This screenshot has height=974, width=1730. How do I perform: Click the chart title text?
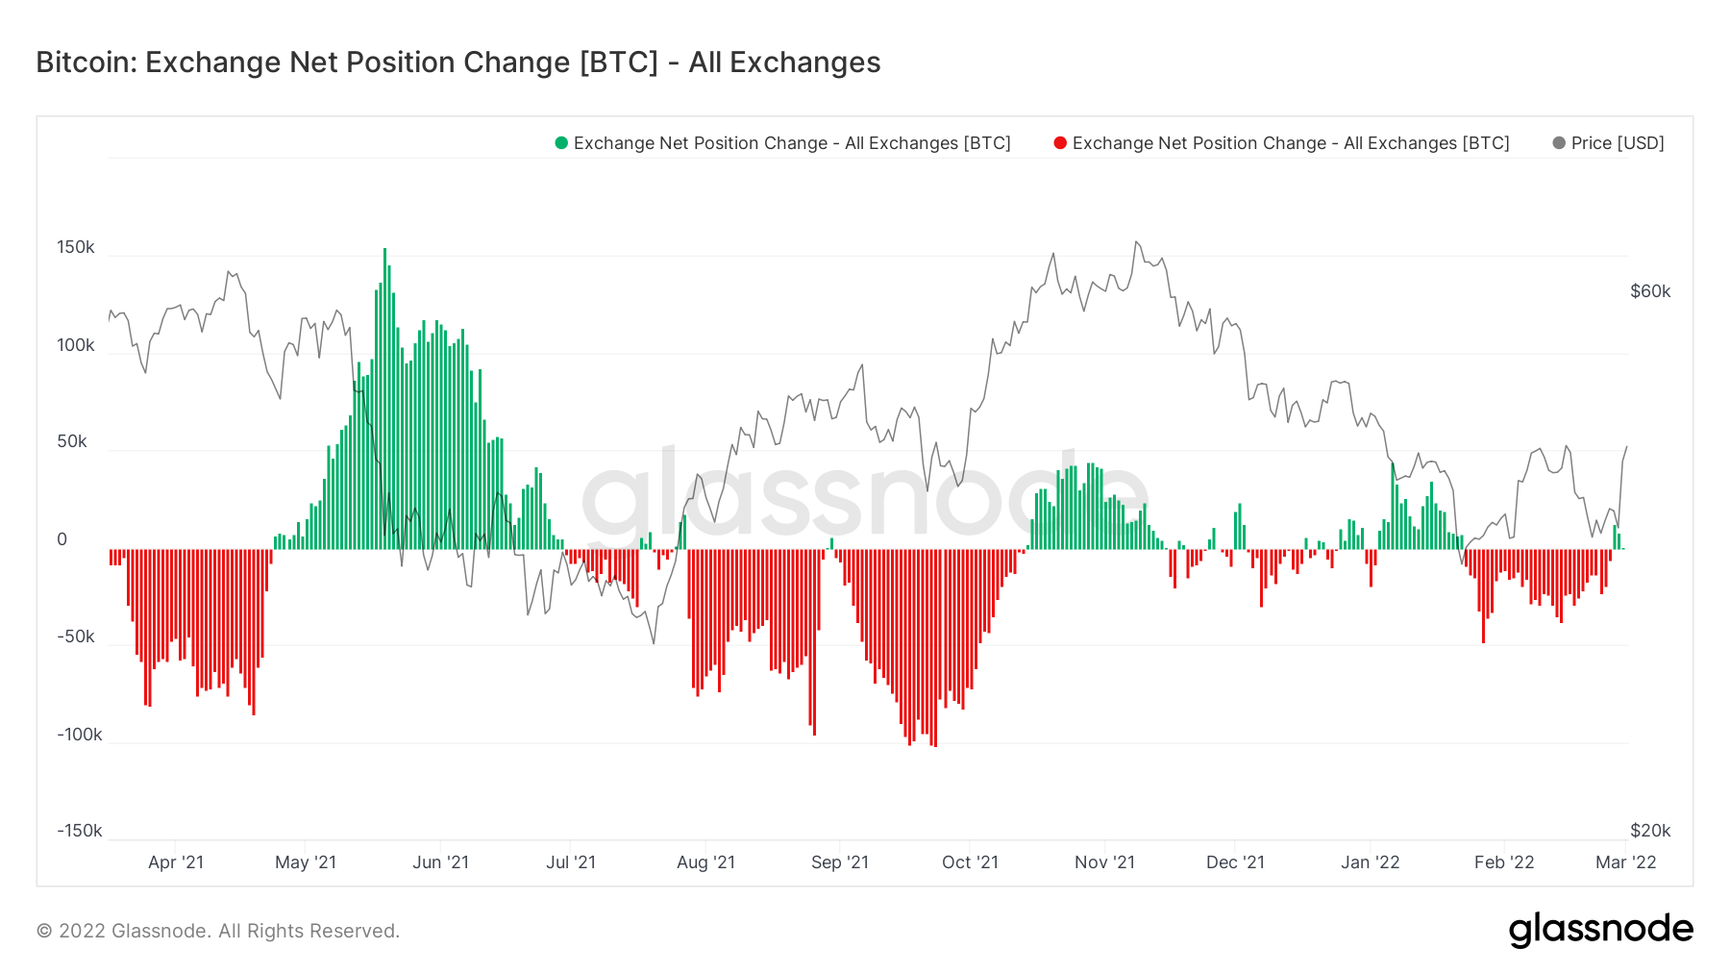coord(457,62)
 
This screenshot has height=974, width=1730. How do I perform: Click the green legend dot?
coord(561,143)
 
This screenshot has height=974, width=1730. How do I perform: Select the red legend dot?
coord(1060,143)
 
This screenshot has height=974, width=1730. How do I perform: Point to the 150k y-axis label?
coord(76,247)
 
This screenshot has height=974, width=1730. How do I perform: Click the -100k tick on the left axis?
coord(79,735)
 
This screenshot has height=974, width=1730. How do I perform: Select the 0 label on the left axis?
coord(62,539)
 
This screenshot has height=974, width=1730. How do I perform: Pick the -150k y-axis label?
coord(79,831)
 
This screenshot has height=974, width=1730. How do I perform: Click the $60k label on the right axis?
coord(1650,291)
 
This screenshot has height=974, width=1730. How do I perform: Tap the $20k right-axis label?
coord(1650,831)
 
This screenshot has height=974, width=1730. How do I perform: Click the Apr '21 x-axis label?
coord(176,862)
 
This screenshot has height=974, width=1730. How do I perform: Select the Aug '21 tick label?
coord(705,862)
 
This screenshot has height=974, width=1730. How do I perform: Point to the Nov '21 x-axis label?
coord(1104,862)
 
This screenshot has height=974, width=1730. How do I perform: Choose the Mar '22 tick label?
coord(1625,862)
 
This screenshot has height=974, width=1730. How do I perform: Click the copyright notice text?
coord(218,931)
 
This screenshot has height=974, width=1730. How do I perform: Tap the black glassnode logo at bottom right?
coord(1600,930)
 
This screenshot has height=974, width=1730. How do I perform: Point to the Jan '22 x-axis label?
coord(1370,862)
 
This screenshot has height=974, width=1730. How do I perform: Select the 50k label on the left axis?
coord(72,441)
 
